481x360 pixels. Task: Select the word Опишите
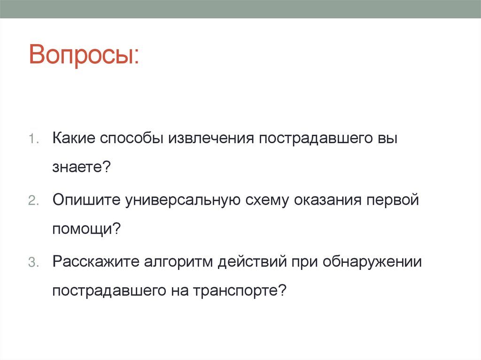pos(85,200)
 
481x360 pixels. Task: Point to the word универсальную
pos(183,200)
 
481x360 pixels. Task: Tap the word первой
pos(393,200)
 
